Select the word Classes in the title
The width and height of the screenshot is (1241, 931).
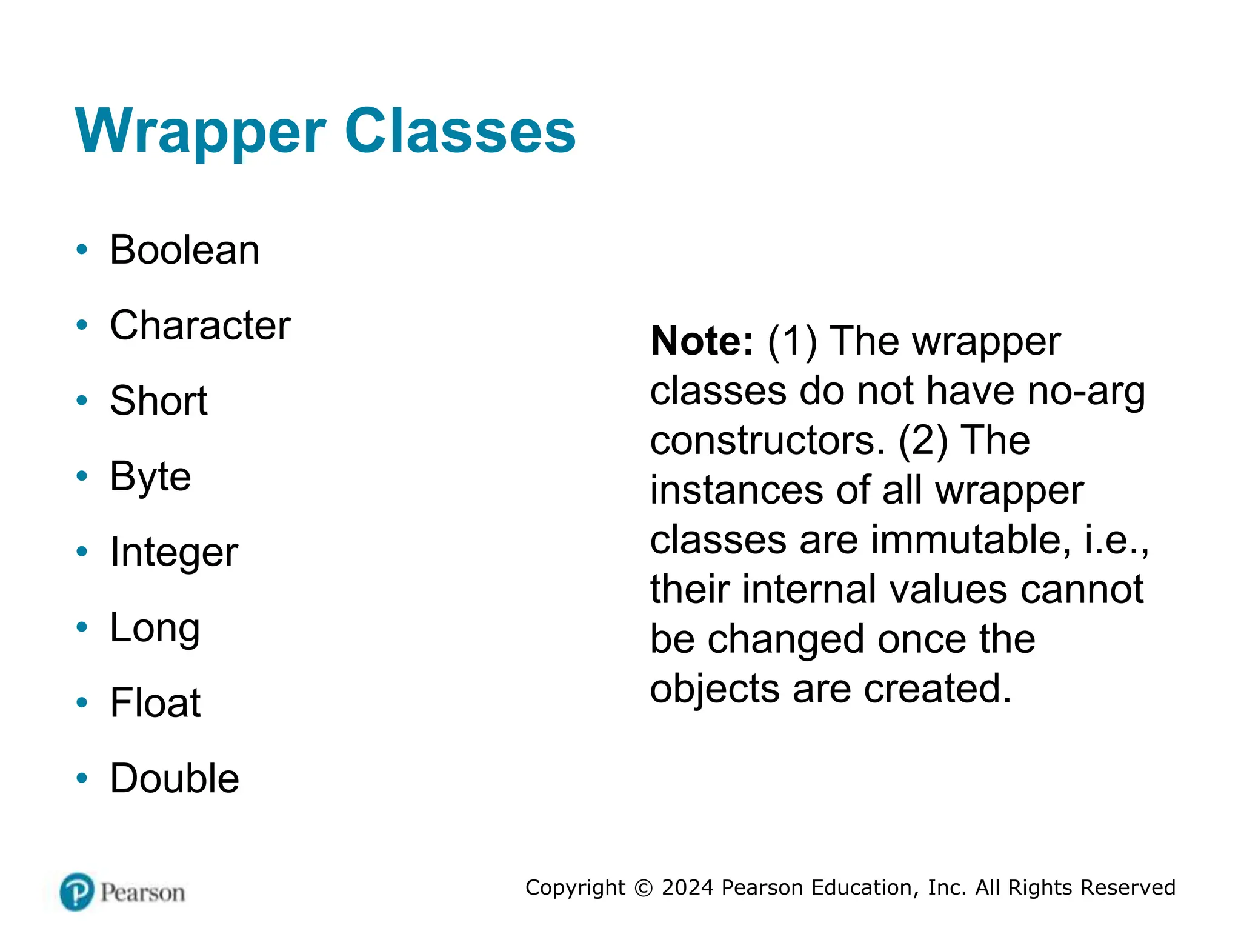tap(460, 131)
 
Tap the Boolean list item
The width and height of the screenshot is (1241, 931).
tap(184, 250)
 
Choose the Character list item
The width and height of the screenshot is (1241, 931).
tap(200, 325)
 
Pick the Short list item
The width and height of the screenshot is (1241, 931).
tap(158, 401)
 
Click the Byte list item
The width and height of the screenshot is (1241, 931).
tap(150, 476)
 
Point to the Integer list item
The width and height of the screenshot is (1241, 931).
tap(174, 552)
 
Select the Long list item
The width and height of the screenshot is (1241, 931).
tap(155, 628)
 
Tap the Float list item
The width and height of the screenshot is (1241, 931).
tap(155, 703)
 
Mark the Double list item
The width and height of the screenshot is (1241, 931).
tap(175, 779)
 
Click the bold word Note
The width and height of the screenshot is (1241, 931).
tap(702, 341)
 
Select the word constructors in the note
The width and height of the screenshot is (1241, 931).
tap(767, 441)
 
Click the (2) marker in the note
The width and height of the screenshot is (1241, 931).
tap(923, 441)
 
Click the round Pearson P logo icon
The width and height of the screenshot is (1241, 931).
tap(77, 892)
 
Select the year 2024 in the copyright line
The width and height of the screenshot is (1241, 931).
tap(688, 887)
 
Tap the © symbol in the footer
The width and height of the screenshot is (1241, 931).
tap(643, 888)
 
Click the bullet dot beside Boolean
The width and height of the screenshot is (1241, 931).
tap(82, 250)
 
